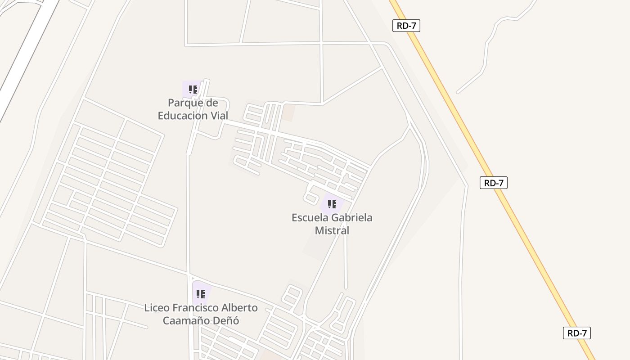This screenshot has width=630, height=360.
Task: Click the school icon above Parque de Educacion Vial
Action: tap(193, 89)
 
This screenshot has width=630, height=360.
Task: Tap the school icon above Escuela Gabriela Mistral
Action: tap(332, 204)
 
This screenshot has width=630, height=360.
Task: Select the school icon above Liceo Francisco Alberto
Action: tap(201, 294)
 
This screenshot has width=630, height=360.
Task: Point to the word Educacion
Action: tap(183, 116)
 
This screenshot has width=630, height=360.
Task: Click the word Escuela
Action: tap(310, 218)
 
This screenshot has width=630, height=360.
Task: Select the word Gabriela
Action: tap(352, 218)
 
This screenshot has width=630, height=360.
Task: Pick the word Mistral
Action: tap(332, 231)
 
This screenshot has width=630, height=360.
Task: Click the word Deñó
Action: tap(226, 321)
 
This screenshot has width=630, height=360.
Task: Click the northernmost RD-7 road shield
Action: tap(406, 26)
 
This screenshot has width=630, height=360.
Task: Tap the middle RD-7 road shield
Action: tap(494, 183)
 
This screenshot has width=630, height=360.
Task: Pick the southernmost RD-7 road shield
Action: tap(576, 333)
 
